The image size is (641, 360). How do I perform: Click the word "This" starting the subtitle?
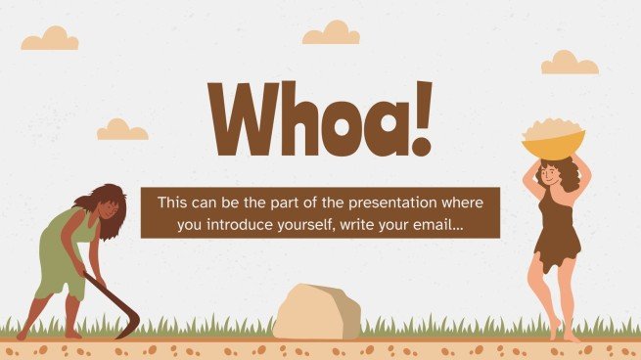click(x=173, y=202)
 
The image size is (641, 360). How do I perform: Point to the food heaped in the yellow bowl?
click(x=553, y=130)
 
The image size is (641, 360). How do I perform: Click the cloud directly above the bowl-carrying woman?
click(x=570, y=64)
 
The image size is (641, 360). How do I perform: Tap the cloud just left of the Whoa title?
click(x=122, y=129)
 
